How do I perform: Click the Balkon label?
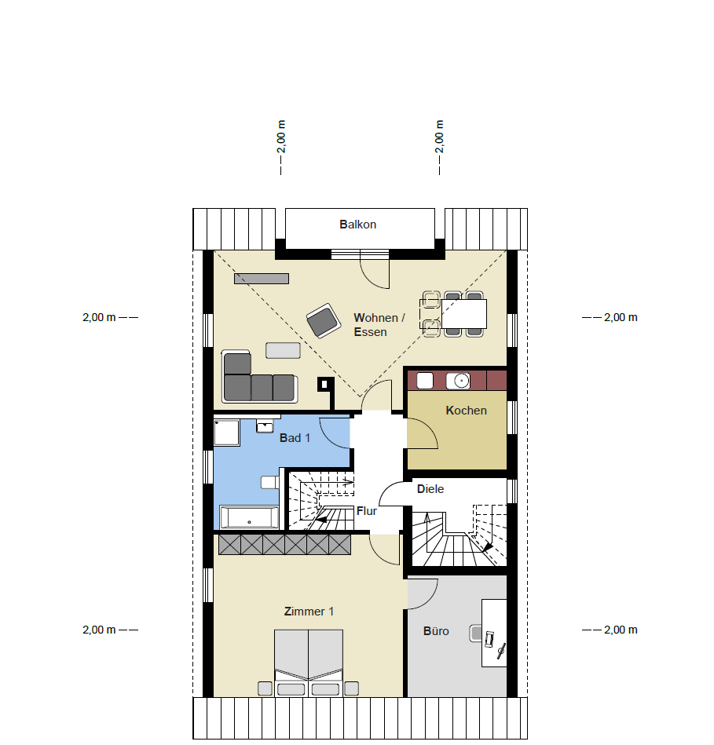tap(357, 225)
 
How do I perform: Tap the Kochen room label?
tap(466, 411)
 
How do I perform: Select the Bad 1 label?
tap(295, 437)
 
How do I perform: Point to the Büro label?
tap(436, 631)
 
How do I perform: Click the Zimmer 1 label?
tap(309, 612)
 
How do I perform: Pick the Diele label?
tap(430, 489)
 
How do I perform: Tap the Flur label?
tap(367, 511)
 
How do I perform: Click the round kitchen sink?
tap(458, 381)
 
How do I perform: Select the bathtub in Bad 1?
tap(249, 517)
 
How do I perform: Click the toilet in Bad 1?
tap(270, 482)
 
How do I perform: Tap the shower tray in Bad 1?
tap(227, 433)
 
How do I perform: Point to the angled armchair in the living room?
tap(324, 321)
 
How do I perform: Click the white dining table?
tap(464, 313)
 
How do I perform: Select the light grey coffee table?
tap(283, 350)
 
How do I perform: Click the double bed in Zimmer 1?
tap(309, 663)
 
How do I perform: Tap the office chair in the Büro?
tap(476, 634)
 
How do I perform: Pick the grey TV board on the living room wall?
tap(262, 279)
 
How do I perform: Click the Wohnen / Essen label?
tap(379, 324)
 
